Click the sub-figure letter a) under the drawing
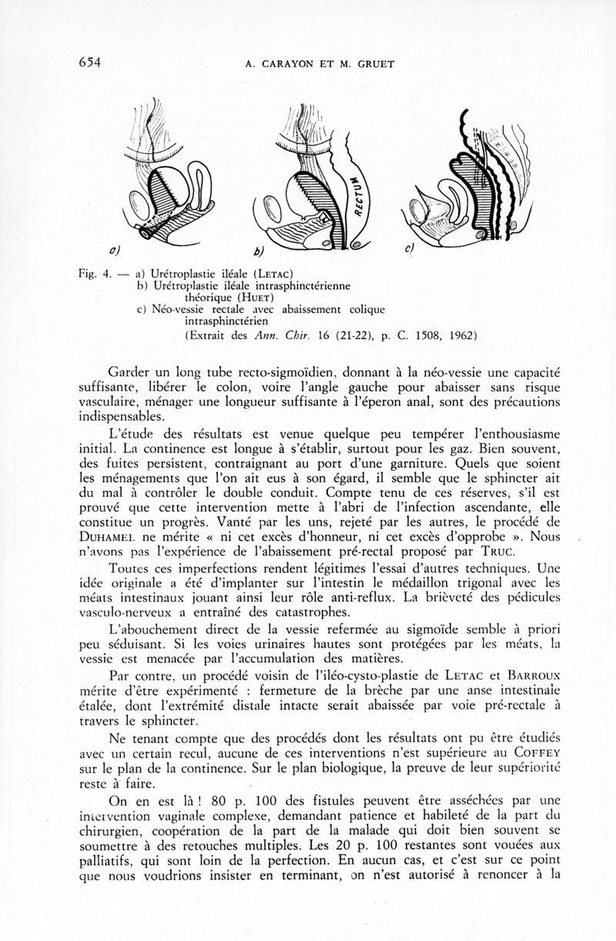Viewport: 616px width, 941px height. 113,250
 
